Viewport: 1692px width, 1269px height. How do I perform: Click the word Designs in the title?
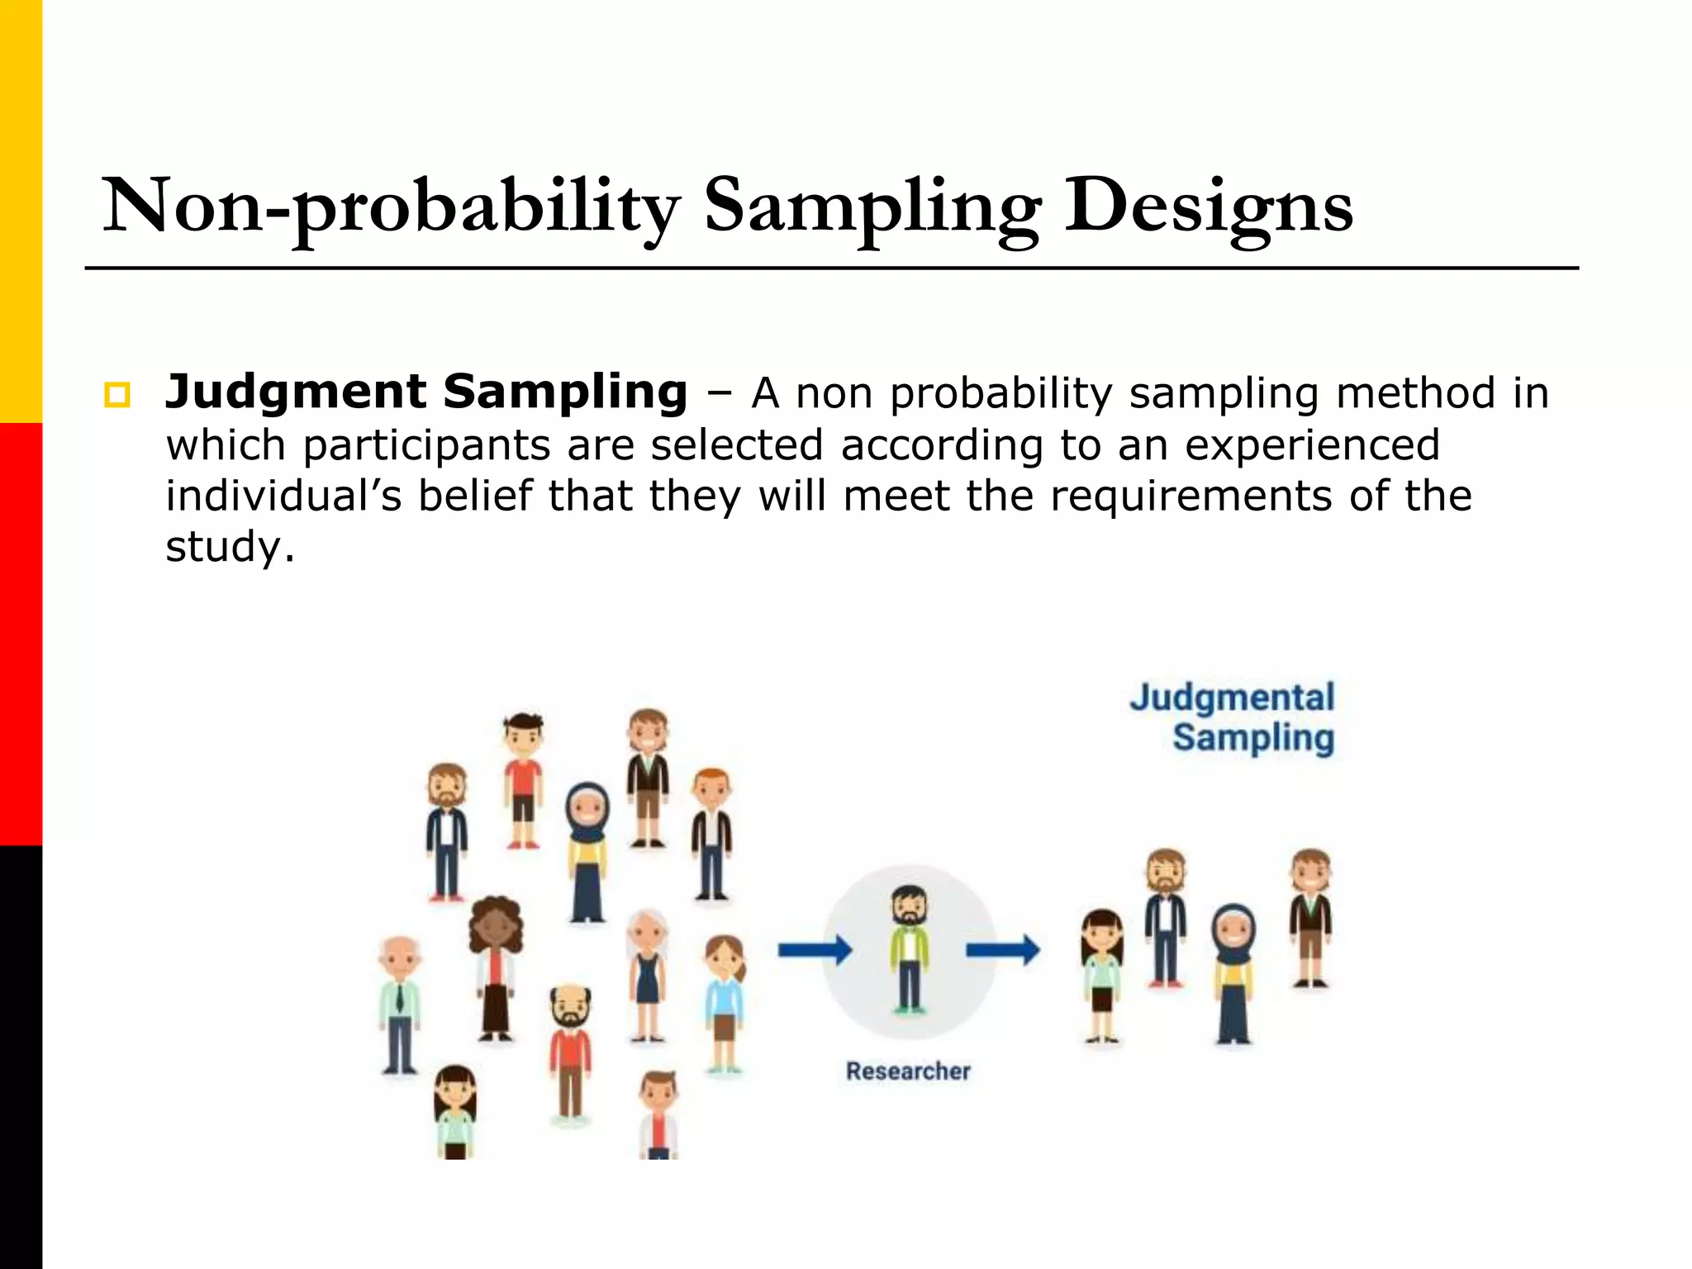click(1208, 207)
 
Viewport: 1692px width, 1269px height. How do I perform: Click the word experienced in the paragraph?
click(1312, 444)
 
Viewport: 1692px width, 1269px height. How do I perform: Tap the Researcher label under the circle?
click(908, 1071)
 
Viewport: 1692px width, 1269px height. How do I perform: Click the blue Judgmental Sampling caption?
click(1233, 717)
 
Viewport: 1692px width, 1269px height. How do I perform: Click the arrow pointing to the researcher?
click(815, 950)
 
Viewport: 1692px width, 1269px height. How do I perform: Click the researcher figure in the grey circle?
click(909, 948)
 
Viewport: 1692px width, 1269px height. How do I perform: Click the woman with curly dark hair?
click(495, 967)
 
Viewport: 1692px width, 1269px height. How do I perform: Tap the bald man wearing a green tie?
click(400, 1005)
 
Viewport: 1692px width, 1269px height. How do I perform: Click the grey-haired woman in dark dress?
click(647, 975)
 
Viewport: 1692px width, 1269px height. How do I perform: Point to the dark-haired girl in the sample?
click(1102, 975)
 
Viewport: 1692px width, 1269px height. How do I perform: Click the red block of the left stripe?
click(21, 634)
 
